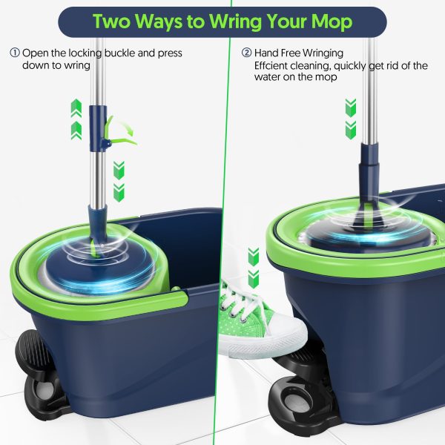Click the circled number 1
(x=15, y=53)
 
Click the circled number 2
(x=246, y=53)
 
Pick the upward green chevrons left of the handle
(x=76, y=119)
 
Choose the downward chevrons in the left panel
(x=118, y=179)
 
